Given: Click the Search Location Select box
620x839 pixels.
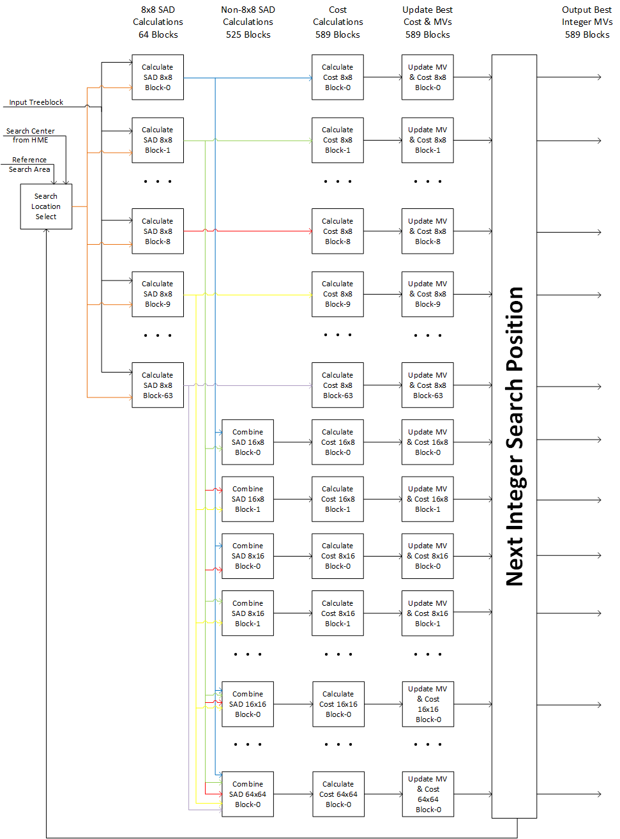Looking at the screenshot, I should pos(46,206).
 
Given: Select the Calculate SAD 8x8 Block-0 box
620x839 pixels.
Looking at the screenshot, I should pos(158,77).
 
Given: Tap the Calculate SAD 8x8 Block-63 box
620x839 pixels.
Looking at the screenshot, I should pos(158,385).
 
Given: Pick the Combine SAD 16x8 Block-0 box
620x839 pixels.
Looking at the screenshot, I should pos(248,442).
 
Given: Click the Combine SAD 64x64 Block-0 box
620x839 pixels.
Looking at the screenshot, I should pos(248,794).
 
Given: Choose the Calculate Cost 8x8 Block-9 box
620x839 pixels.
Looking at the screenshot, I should pos(338,294).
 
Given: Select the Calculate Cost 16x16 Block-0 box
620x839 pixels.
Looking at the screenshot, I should pos(338,704).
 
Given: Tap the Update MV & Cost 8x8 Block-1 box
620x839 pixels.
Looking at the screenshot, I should pos(428,140).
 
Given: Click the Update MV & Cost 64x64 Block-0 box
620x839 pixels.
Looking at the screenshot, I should pos(428,794).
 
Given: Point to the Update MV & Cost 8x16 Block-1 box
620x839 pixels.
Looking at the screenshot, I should pos(428,613).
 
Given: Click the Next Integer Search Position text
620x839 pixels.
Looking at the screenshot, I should pos(515,436).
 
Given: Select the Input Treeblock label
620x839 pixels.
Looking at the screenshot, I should pos(36,102).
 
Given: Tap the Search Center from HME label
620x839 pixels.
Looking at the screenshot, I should pos(31,135).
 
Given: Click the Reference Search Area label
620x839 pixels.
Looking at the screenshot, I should pos(29,165).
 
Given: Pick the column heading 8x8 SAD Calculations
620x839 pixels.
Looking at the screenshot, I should pos(158,22).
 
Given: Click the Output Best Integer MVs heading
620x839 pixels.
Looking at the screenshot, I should pos(587,22).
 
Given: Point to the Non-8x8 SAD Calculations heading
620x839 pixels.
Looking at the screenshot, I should pos(248,22).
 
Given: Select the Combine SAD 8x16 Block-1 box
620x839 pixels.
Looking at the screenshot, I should pos(248,613).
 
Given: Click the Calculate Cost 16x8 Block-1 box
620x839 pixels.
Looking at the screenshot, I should pos(338,499).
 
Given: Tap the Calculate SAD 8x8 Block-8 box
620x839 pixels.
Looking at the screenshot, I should pos(158,231).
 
